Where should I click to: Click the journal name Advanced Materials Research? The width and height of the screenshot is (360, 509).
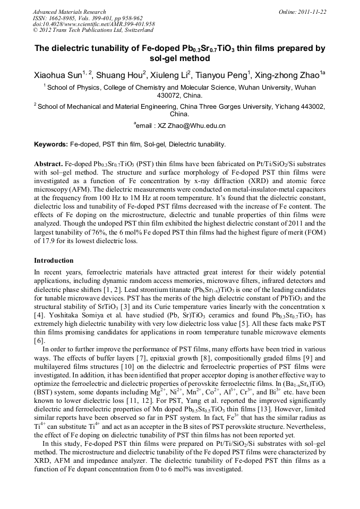click(69, 12)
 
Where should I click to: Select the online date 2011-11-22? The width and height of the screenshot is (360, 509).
click(312, 12)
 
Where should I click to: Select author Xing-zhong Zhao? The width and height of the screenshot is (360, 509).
click(292, 75)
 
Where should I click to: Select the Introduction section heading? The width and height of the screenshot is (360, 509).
click(54, 261)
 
